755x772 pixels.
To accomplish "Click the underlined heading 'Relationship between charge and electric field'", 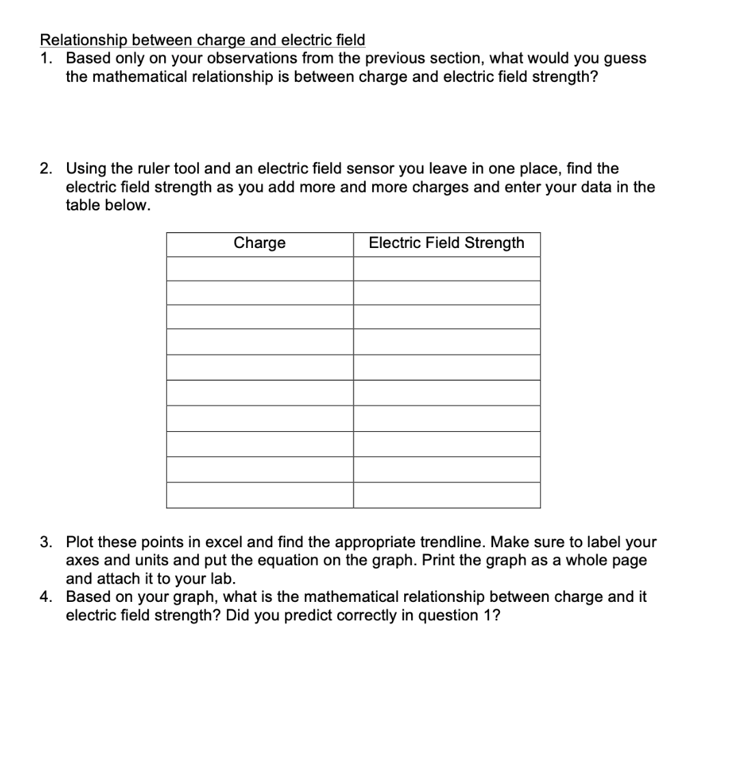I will click(x=202, y=40).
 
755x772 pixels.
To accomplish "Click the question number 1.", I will click(x=45, y=58).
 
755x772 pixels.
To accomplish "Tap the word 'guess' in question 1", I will click(x=624, y=58).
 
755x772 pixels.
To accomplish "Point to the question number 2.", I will click(x=45, y=168).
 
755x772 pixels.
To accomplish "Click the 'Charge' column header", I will click(x=260, y=243).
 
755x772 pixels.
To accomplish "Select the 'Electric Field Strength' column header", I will click(x=447, y=243).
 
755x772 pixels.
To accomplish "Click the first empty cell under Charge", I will click(x=260, y=268).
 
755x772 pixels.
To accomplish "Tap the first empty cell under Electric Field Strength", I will click(x=447, y=268).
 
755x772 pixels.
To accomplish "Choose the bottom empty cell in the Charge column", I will click(x=260, y=495).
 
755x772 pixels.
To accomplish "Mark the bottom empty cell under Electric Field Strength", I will click(x=447, y=495).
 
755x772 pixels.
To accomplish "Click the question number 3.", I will click(x=45, y=542).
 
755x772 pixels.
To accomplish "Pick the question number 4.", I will click(x=45, y=597).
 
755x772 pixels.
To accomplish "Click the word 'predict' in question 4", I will click(x=308, y=616).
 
